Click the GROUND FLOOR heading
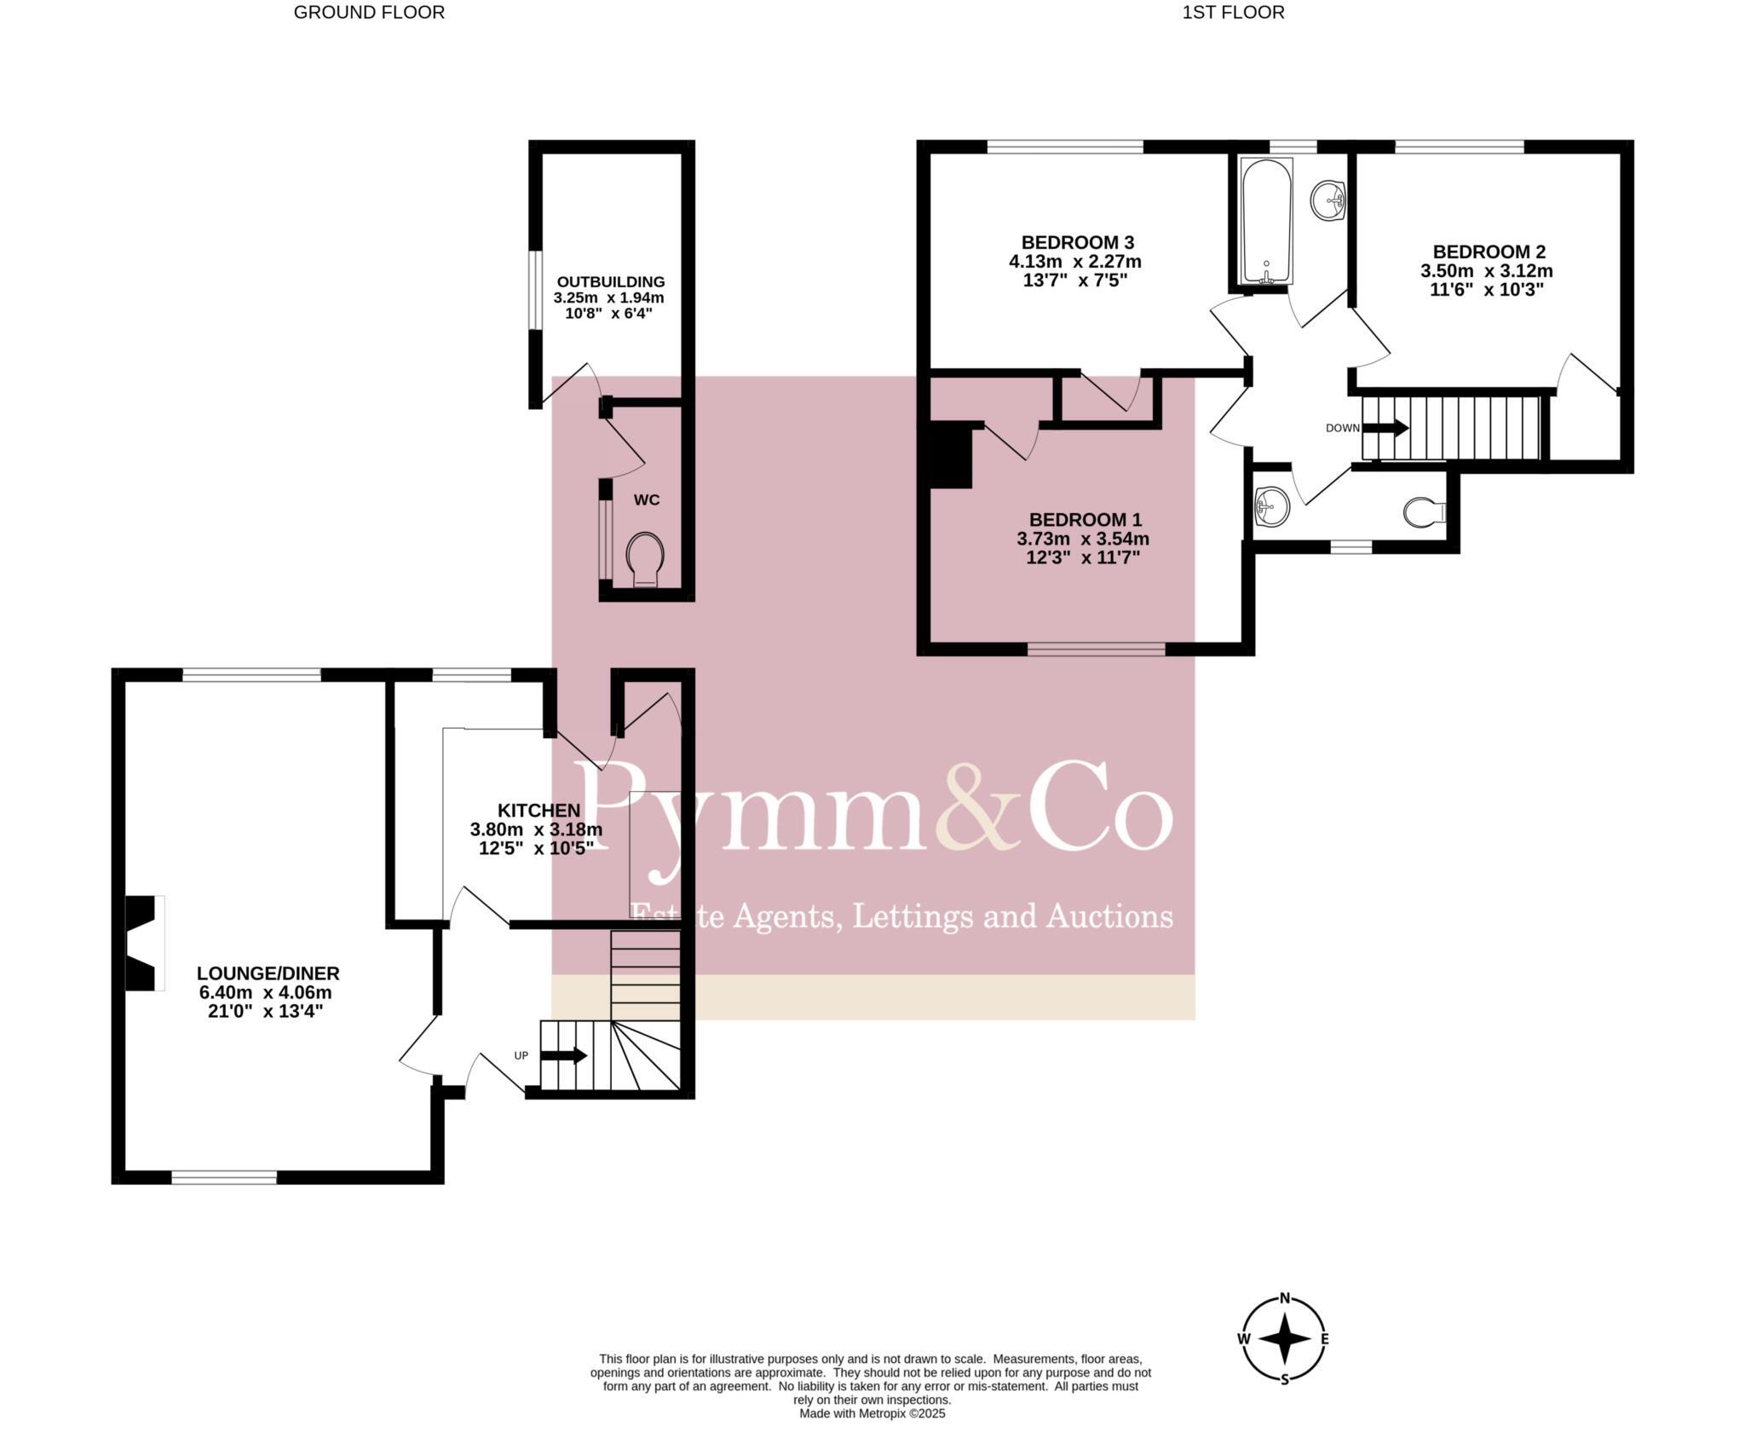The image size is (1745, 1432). [369, 13]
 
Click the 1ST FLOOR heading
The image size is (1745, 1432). [1233, 13]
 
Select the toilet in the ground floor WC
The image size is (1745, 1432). [645, 559]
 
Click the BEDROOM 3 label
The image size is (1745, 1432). [1078, 242]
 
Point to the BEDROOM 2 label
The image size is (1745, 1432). [1489, 251]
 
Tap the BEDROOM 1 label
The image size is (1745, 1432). [1085, 519]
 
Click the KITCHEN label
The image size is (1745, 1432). [538, 810]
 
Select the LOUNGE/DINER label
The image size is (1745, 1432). [268, 973]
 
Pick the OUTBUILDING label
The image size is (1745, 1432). [610, 281]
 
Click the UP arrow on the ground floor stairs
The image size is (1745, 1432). [564, 1055]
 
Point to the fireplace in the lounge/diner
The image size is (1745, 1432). [143, 943]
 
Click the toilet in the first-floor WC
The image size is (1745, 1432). [1424, 511]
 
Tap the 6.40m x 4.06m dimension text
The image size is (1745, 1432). [265, 992]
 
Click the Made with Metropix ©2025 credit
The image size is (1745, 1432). [872, 1413]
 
